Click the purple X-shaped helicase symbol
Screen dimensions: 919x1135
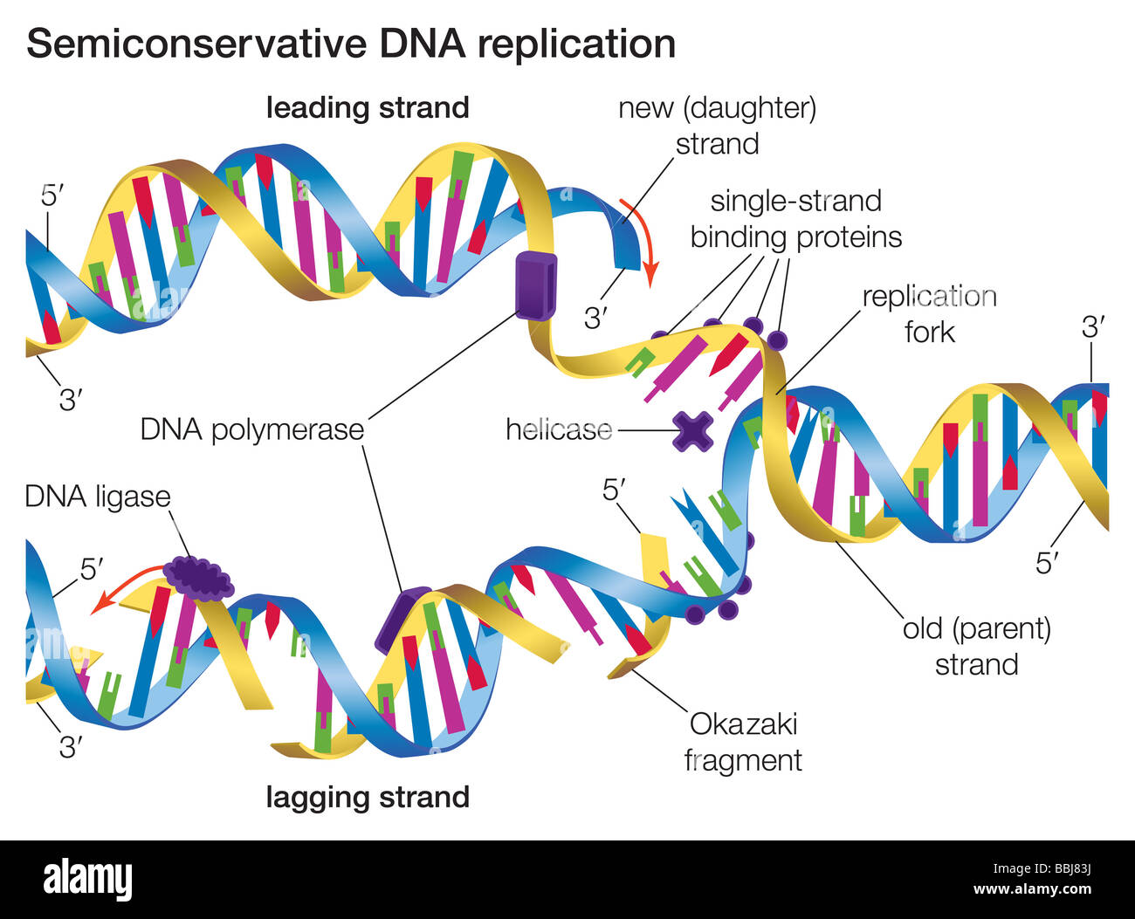(692, 430)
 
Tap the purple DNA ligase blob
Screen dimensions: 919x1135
(200, 577)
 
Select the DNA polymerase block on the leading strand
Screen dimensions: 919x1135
(534, 283)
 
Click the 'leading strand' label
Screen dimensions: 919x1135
(368, 108)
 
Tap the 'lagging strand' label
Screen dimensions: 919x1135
(368, 797)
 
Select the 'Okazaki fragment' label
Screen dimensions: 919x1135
(743, 742)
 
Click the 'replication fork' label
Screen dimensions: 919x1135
(929, 314)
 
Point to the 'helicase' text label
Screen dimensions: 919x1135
(559, 429)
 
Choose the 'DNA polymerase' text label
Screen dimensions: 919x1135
(251, 429)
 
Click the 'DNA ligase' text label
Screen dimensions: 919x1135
(97, 497)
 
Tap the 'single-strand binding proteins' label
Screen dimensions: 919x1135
(795, 219)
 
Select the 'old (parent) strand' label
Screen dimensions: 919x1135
(976, 647)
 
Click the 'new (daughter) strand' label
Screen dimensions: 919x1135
(717, 126)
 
